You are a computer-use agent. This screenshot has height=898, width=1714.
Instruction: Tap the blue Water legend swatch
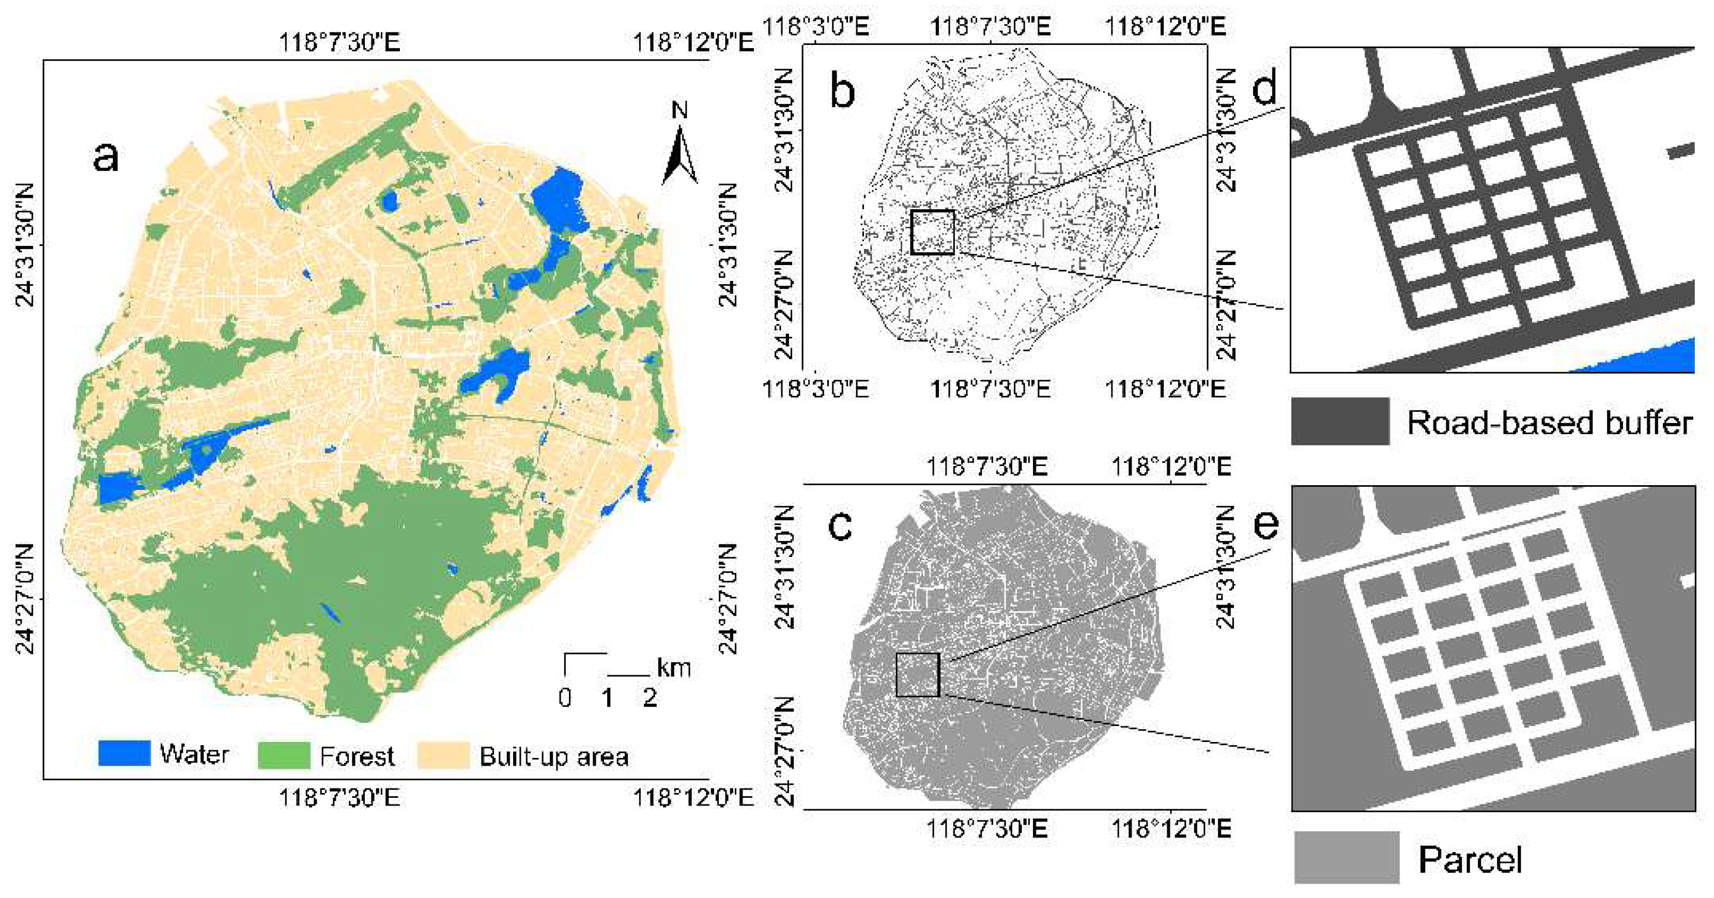tap(124, 754)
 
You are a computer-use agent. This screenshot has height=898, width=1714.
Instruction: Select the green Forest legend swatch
tap(284, 755)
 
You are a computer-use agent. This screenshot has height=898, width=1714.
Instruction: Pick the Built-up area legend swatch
tap(443, 755)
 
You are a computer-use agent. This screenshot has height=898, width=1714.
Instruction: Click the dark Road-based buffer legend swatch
tap(1340, 421)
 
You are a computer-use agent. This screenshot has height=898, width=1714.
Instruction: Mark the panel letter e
tap(1265, 524)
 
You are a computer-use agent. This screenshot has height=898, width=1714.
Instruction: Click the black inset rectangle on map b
tap(933, 231)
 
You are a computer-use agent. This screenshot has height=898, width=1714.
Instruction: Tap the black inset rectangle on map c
tap(918, 674)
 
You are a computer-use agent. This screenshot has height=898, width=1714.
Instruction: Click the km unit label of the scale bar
tap(673, 667)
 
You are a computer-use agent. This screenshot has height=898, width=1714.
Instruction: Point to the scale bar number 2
tap(650, 698)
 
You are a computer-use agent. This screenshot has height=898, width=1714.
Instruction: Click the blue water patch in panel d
tap(1650, 359)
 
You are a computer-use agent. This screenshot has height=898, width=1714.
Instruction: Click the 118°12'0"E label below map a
tap(692, 797)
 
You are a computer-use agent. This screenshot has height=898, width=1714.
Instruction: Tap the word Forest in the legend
tap(357, 756)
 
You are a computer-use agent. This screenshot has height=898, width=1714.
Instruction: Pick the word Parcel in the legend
tap(1470, 859)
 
